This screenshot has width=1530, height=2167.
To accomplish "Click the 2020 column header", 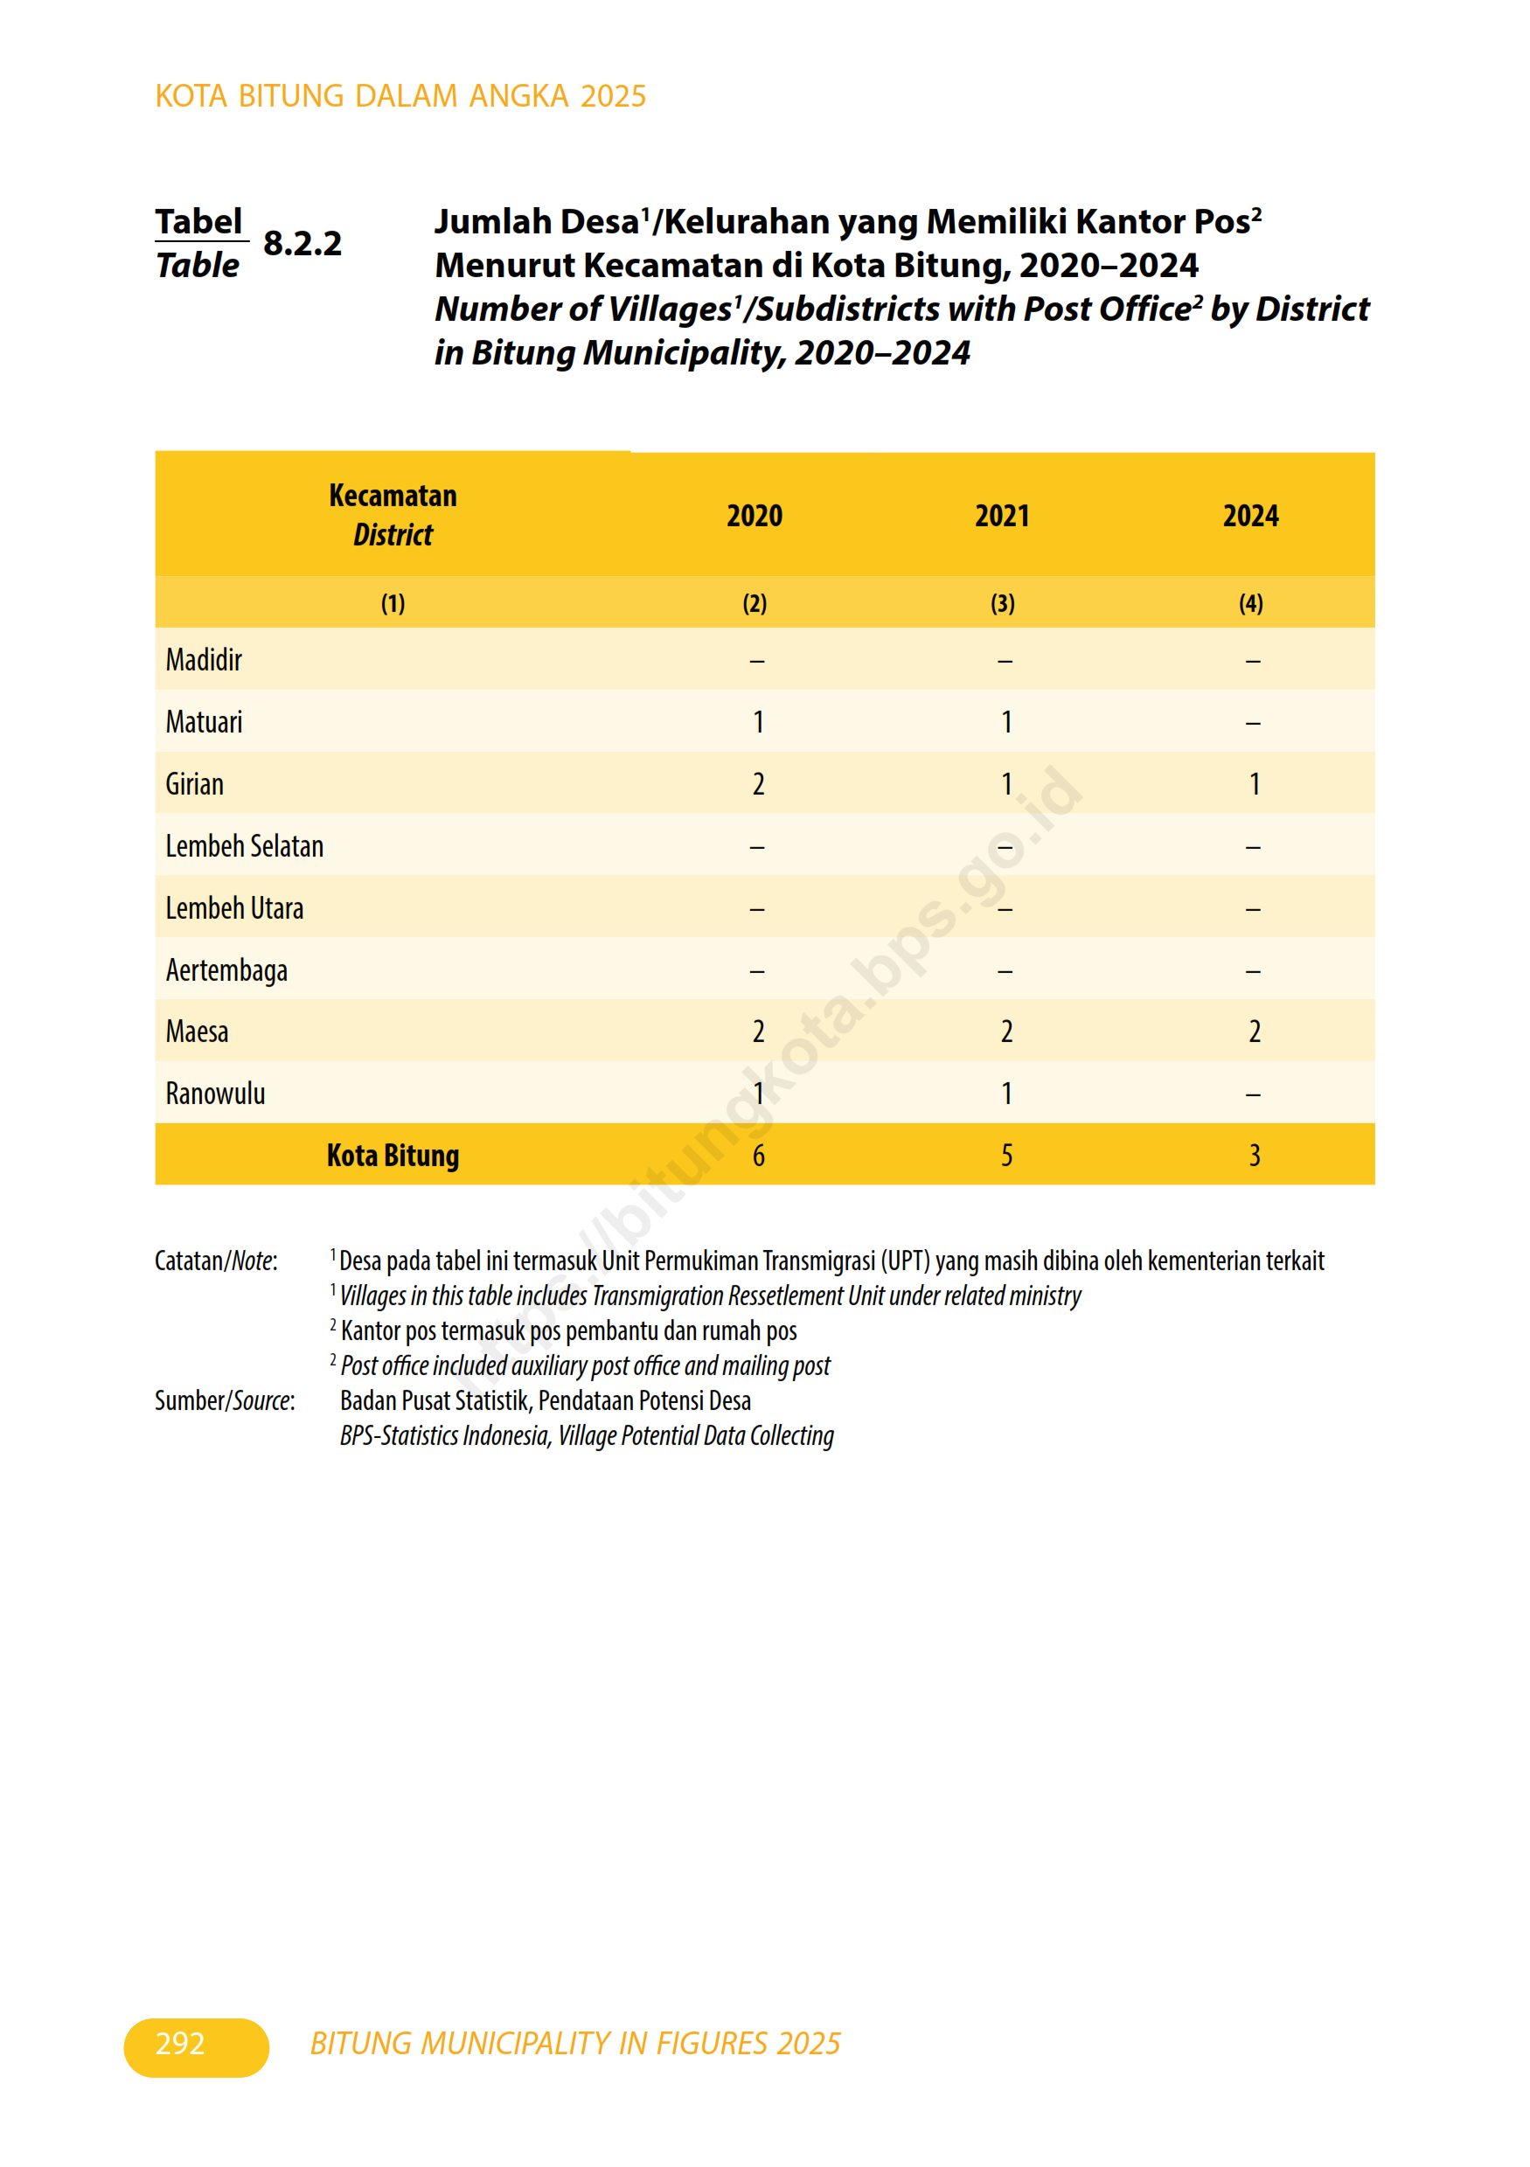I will pos(755,516).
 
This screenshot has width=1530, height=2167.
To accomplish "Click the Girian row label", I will pos(194,783).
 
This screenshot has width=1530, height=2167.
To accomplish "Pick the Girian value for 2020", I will pos(758,783).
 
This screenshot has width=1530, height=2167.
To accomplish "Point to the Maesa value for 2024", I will pos(1255,1031).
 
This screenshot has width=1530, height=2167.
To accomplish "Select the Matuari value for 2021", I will pos(1006,722).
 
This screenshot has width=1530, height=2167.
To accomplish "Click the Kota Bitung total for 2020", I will pos(758,1156).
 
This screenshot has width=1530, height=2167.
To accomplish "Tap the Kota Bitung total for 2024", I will pos(1255,1156).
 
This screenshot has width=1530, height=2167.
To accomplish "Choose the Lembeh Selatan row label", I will pos(245,845).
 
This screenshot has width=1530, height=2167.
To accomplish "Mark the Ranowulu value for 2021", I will pos(1006,1093).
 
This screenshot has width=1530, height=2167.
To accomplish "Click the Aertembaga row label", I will pos(226,970).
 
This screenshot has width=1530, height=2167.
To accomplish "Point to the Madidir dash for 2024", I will pos(1253,661).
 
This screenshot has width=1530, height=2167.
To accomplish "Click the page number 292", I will pos(180,2044).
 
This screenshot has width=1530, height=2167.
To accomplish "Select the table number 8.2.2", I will pos(302,244).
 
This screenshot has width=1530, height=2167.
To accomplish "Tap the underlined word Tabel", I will pos(199,222).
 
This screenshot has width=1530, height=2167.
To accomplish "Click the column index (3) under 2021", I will pos(1003,603).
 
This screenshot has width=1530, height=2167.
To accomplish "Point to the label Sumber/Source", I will pos(225,1400).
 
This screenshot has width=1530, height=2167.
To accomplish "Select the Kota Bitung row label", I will pos(393,1156).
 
